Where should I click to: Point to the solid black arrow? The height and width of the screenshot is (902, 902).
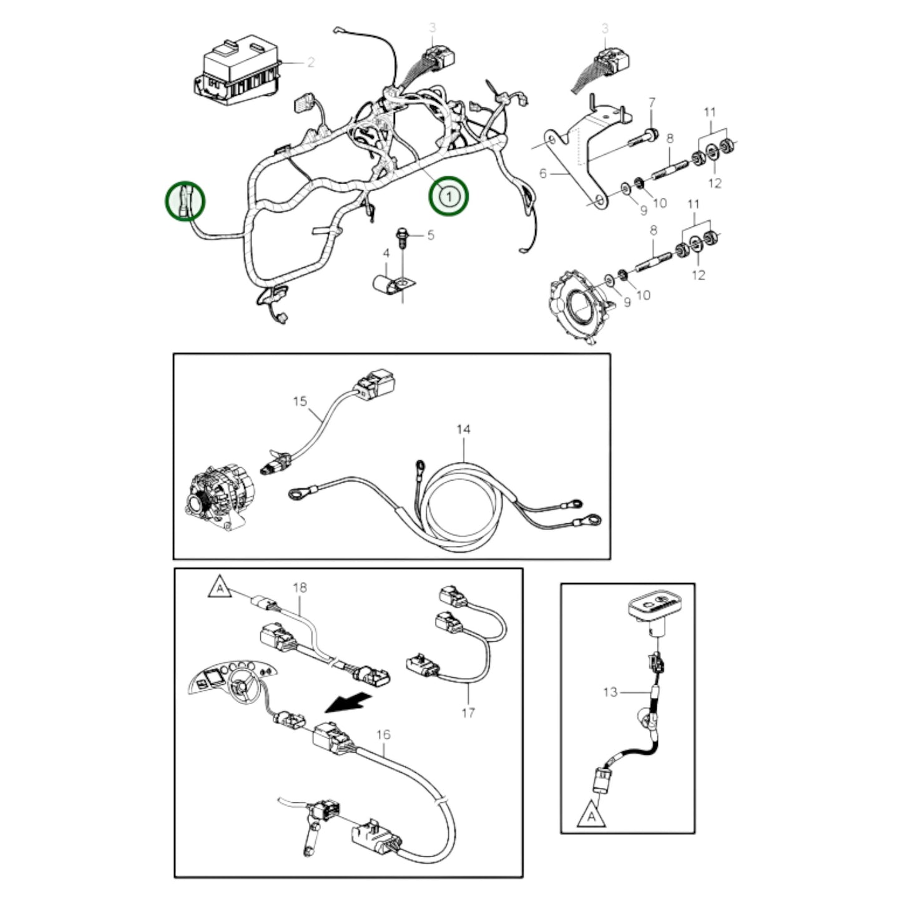346,703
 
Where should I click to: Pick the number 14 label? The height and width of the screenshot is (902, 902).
463,429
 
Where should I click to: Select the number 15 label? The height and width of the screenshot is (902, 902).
300,401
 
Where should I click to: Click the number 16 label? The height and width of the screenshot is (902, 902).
383,735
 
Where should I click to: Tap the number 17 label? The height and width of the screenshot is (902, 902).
468,712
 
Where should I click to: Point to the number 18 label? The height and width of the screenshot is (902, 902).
300,588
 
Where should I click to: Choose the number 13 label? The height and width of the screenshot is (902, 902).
610,692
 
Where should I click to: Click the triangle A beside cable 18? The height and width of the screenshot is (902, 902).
219,588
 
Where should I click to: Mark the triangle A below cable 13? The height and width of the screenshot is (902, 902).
591,815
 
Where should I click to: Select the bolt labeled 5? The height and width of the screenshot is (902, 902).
402,237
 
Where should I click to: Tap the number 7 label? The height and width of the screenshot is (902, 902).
652,102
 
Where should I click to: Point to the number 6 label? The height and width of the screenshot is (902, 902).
542,173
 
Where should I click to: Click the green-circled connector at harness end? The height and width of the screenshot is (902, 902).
185,200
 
